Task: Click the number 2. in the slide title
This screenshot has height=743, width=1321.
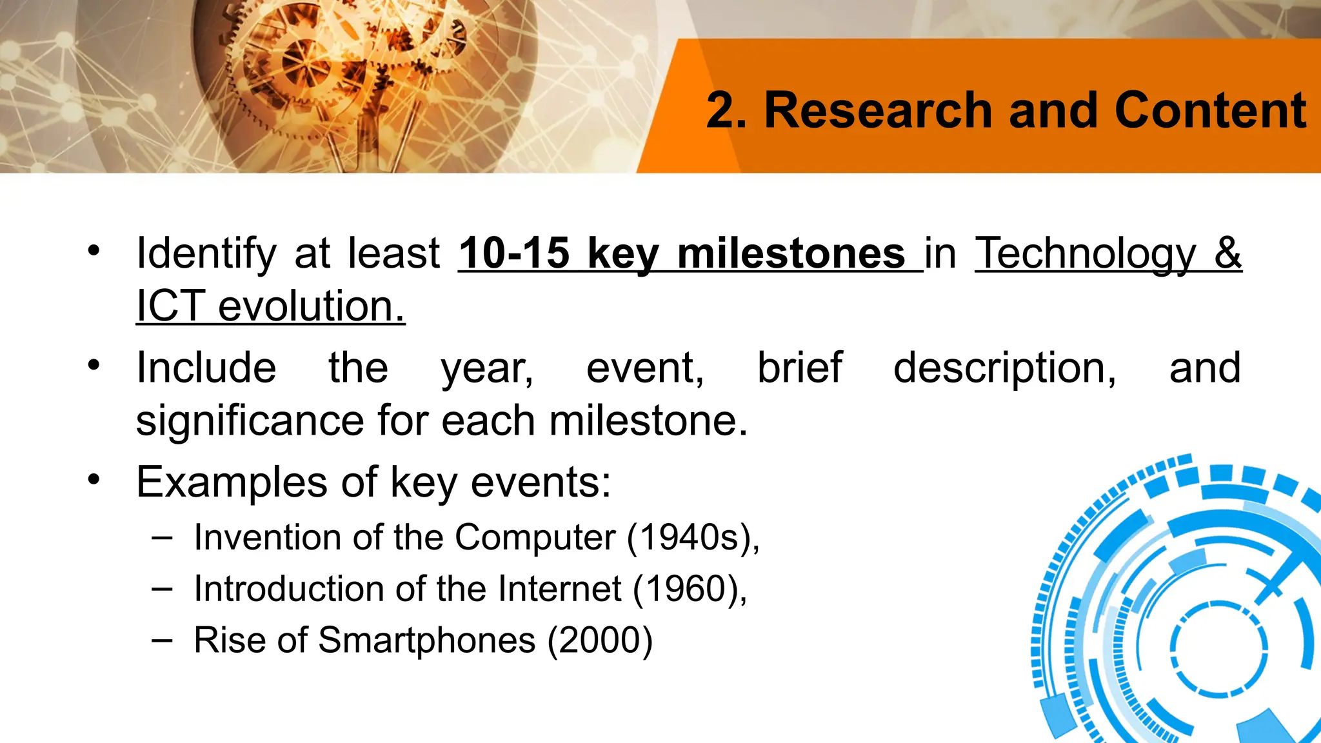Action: (x=726, y=110)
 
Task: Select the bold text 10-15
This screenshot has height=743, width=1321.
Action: (x=514, y=253)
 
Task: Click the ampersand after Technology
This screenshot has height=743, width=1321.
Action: (x=1227, y=253)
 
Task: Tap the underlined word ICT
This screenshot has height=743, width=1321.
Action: (x=170, y=306)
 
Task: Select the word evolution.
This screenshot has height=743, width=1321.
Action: (x=312, y=306)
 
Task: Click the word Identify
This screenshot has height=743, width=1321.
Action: (x=206, y=253)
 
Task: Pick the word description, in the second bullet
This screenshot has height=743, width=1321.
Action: (x=1004, y=368)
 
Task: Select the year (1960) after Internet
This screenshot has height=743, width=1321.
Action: (x=690, y=589)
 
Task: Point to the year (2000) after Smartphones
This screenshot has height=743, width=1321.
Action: (x=600, y=640)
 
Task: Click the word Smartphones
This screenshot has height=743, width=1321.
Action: (x=426, y=640)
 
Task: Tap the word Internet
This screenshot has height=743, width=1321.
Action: (x=560, y=589)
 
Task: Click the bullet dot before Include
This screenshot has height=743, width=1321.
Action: (x=94, y=365)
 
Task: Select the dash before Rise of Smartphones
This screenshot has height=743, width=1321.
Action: (x=162, y=640)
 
